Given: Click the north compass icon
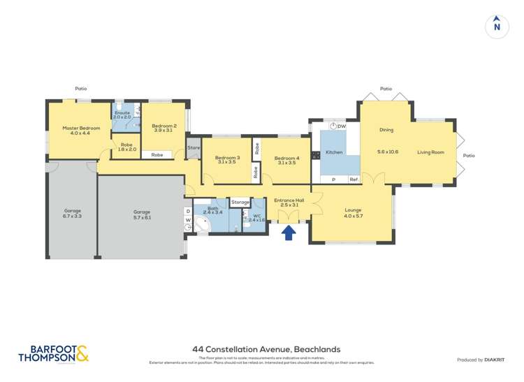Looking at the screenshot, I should (497, 24).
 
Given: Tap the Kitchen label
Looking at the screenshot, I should (334, 152).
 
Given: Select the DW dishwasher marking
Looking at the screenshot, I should (342, 126).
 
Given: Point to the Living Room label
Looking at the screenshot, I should (430, 152).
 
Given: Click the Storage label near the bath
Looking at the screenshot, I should (240, 203).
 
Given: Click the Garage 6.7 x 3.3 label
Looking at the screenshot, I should (73, 214).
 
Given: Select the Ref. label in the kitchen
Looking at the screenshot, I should (354, 180).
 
